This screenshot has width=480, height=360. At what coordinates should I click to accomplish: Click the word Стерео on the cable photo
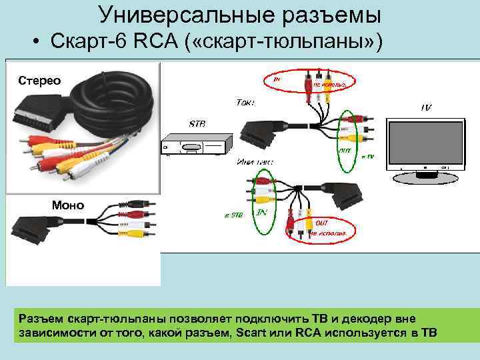click(x=39, y=81)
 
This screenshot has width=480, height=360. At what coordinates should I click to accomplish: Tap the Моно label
click(x=68, y=205)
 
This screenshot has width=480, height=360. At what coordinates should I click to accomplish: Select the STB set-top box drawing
click(x=197, y=145)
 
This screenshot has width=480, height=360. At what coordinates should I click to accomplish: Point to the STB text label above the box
click(x=198, y=124)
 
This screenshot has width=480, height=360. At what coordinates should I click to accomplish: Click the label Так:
click(x=245, y=103)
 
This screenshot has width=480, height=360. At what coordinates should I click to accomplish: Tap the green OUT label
click(x=345, y=151)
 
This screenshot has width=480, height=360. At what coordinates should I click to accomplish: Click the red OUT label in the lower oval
click(x=321, y=223)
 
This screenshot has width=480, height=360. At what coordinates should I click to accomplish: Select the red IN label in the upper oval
click(x=277, y=79)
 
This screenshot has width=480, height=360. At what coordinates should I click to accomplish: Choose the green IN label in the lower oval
click(x=263, y=212)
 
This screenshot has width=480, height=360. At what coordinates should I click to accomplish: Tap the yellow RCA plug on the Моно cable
click(x=135, y=233)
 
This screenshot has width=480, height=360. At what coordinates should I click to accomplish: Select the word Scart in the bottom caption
click(x=253, y=333)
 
